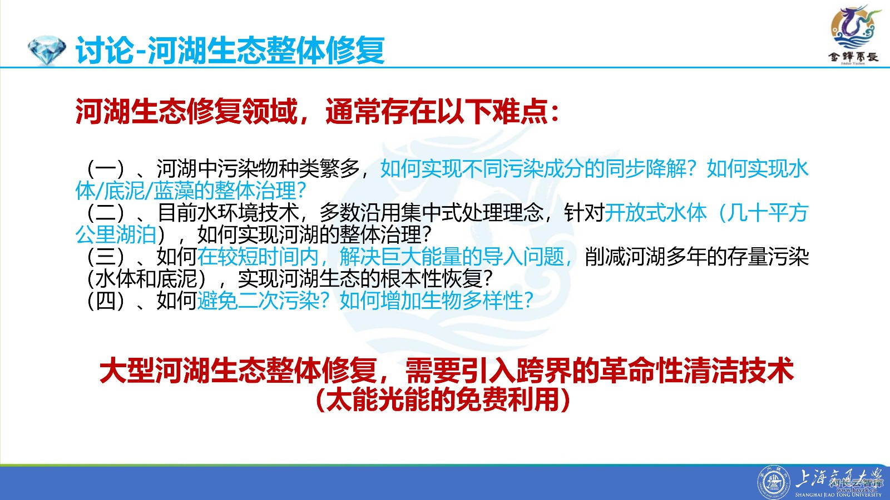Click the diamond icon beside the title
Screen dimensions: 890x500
click(x=47, y=50)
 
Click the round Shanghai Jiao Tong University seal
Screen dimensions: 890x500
click(x=774, y=483)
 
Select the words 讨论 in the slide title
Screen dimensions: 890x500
click(x=105, y=50)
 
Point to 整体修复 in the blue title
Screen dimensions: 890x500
click(x=325, y=50)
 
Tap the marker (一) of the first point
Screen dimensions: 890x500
click(x=106, y=169)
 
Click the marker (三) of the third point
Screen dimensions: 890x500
click(x=106, y=257)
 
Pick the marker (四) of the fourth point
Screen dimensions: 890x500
click(x=106, y=301)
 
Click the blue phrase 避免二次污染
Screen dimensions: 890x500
click(x=259, y=301)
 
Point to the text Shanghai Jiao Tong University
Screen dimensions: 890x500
click(x=838, y=495)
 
